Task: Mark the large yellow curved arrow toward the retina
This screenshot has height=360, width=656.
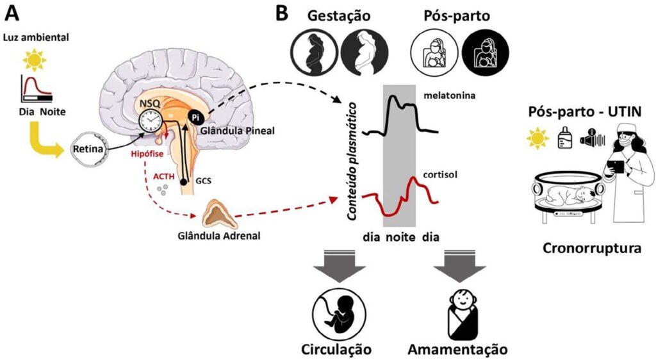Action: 45,138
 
